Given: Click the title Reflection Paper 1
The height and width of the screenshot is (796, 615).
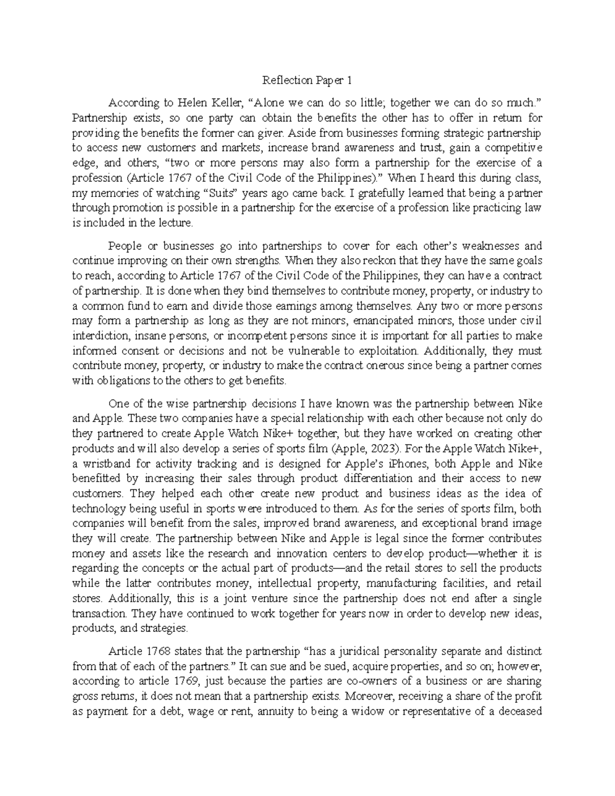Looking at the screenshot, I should pos(307,80).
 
